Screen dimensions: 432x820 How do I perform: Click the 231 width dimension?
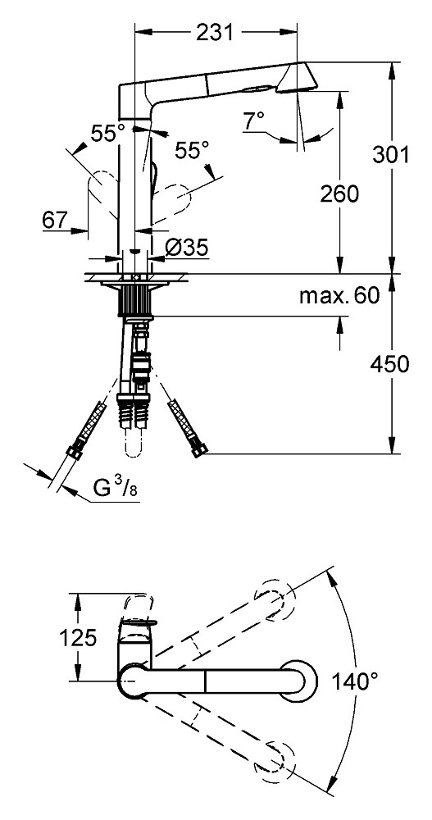215,33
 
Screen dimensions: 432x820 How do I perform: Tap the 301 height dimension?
390,154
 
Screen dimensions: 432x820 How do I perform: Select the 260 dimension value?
340,194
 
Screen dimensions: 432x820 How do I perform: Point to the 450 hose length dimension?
389,364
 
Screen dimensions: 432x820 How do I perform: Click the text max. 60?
339,296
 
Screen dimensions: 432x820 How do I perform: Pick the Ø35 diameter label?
186,247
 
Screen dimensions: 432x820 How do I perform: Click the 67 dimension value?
55,220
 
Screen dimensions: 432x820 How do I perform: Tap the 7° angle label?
253,121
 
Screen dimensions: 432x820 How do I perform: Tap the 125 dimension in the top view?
77,638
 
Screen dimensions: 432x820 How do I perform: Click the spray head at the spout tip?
296,78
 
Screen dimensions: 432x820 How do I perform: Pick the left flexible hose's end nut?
73,451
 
